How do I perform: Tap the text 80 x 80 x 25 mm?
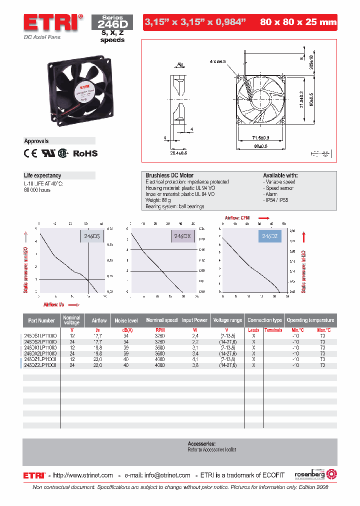point(298,22)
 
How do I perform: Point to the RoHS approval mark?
point(85,154)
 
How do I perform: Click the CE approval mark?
point(30,154)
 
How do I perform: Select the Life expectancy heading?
point(43,175)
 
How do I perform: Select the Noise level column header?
point(126,320)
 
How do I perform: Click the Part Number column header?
point(42,320)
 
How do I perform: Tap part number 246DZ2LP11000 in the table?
point(40,365)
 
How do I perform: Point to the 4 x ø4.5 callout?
point(218,61)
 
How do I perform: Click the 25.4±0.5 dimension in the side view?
point(178,152)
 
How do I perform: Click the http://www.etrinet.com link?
point(83,475)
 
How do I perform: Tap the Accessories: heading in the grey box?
point(201,443)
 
